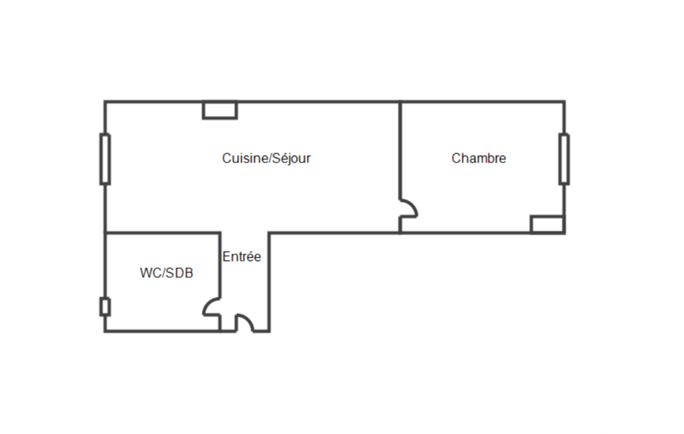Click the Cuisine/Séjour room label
pyautogui.click(x=266, y=158)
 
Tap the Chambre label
pyautogui.click(x=478, y=158)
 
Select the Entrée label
pyautogui.click(x=242, y=256)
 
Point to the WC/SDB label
pyautogui.click(x=167, y=273)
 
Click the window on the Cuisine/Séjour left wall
pyautogui.click(x=105, y=159)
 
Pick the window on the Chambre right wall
pyautogui.click(x=564, y=159)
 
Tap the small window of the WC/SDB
pyautogui.click(x=105, y=306)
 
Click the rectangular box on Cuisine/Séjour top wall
pyautogui.click(x=220, y=110)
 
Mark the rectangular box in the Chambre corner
pyautogui.click(x=547, y=224)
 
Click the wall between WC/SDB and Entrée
pyautogui.click(x=220, y=265)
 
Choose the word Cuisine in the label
pyautogui.click(x=242, y=158)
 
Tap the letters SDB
pyautogui.click(x=180, y=273)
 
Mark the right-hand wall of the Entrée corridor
pyautogui.click(x=270, y=282)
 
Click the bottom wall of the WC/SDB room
pyautogui.click(x=162, y=331)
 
